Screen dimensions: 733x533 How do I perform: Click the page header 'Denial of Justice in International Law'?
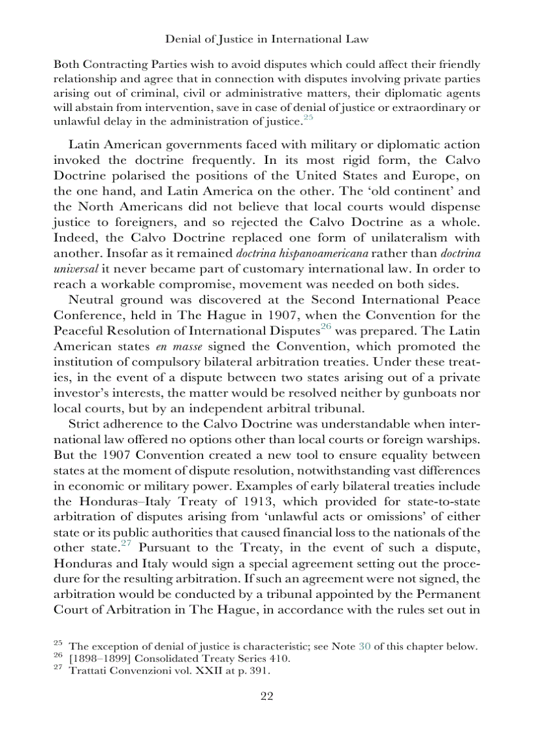(x=266, y=39)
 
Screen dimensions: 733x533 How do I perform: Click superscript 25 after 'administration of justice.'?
(x=308, y=117)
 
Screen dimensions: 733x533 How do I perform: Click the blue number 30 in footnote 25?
(x=365, y=647)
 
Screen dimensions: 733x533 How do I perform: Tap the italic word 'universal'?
(x=74, y=269)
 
